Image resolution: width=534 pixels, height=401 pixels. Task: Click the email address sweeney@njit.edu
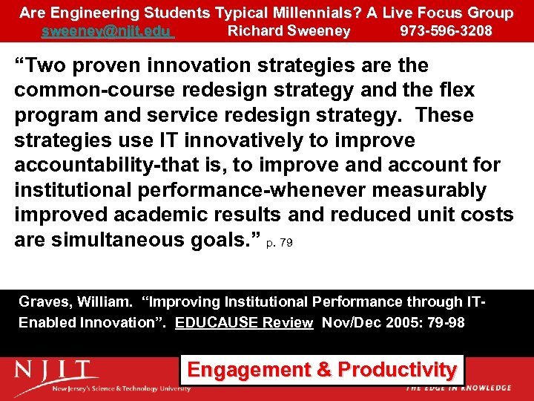click(x=108, y=31)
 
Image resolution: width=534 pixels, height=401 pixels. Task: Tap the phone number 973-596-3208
click(x=446, y=31)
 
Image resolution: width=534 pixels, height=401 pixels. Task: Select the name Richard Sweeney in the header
click(x=289, y=31)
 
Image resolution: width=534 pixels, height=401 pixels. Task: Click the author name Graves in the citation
click(x=44, y=302)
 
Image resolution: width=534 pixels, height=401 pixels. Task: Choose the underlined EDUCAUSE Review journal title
click(x=244, y=323)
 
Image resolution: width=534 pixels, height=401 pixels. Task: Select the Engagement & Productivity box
click(x=322, y=370)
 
